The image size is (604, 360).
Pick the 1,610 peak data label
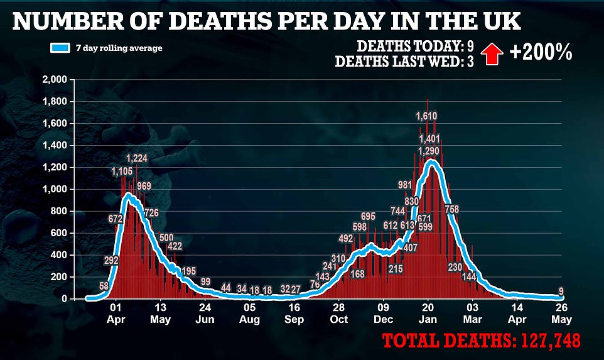tap(427, 116)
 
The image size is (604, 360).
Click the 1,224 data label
tap(137, 158)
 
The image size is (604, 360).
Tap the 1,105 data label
tap(122, 172)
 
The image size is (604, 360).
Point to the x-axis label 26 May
tap(561, 314)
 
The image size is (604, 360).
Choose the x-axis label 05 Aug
tap(250, 314)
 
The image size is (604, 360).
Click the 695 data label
tap(368, 217)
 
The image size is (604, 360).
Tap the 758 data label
tap(452, 209)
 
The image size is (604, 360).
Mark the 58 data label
tap(104, 286)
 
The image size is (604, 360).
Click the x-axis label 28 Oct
tap(339, 314)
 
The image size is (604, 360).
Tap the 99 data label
tap(205, 281)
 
